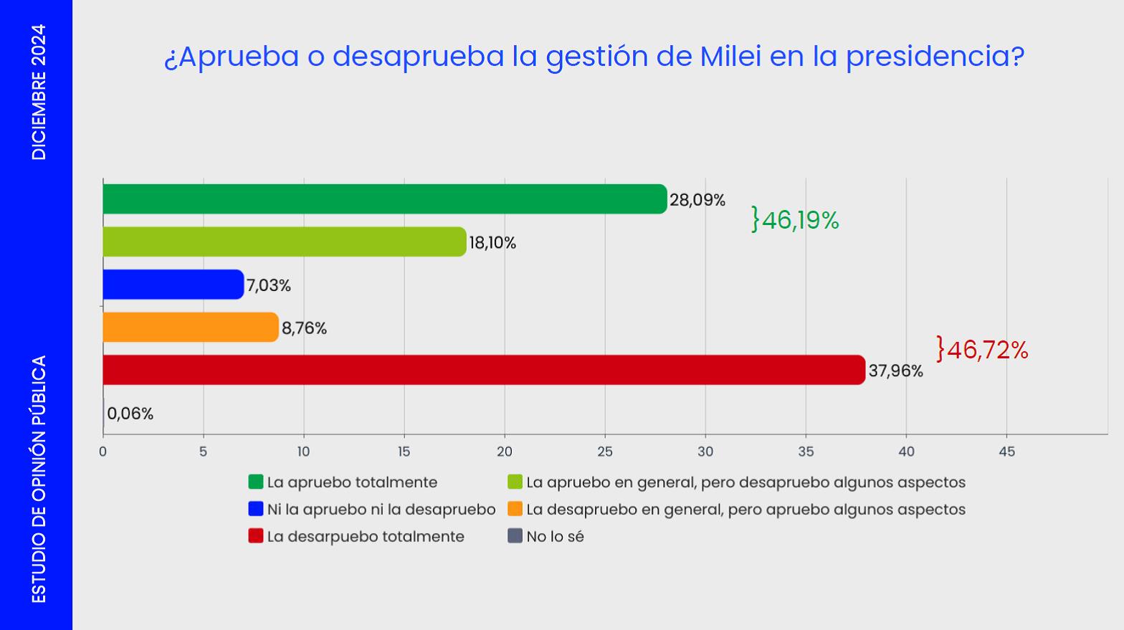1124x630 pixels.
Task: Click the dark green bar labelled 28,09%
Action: point(385,199)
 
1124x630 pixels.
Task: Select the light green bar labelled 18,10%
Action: point(285,242)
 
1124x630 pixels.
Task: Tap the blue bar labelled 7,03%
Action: point(173,285)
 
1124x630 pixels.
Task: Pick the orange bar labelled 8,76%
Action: point(191,327)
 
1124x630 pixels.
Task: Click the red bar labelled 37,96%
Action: point(485,370)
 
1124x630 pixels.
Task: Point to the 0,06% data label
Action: point(130,414)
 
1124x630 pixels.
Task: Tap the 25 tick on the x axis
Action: point(605,452)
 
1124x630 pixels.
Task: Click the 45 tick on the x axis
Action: point(1006,452)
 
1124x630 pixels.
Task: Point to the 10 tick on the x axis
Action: point(303,452)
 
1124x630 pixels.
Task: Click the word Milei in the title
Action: point(730,56)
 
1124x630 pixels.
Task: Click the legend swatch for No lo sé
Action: point(515,536)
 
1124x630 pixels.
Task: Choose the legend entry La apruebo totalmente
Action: point(343,482)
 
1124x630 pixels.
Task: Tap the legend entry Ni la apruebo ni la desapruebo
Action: point(372,509)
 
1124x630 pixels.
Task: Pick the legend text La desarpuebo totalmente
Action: point(366,537)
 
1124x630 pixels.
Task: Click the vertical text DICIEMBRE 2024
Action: point(39,92)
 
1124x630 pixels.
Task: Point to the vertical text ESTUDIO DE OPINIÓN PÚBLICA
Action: point(39,479)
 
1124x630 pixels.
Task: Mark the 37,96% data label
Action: point(896,371)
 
